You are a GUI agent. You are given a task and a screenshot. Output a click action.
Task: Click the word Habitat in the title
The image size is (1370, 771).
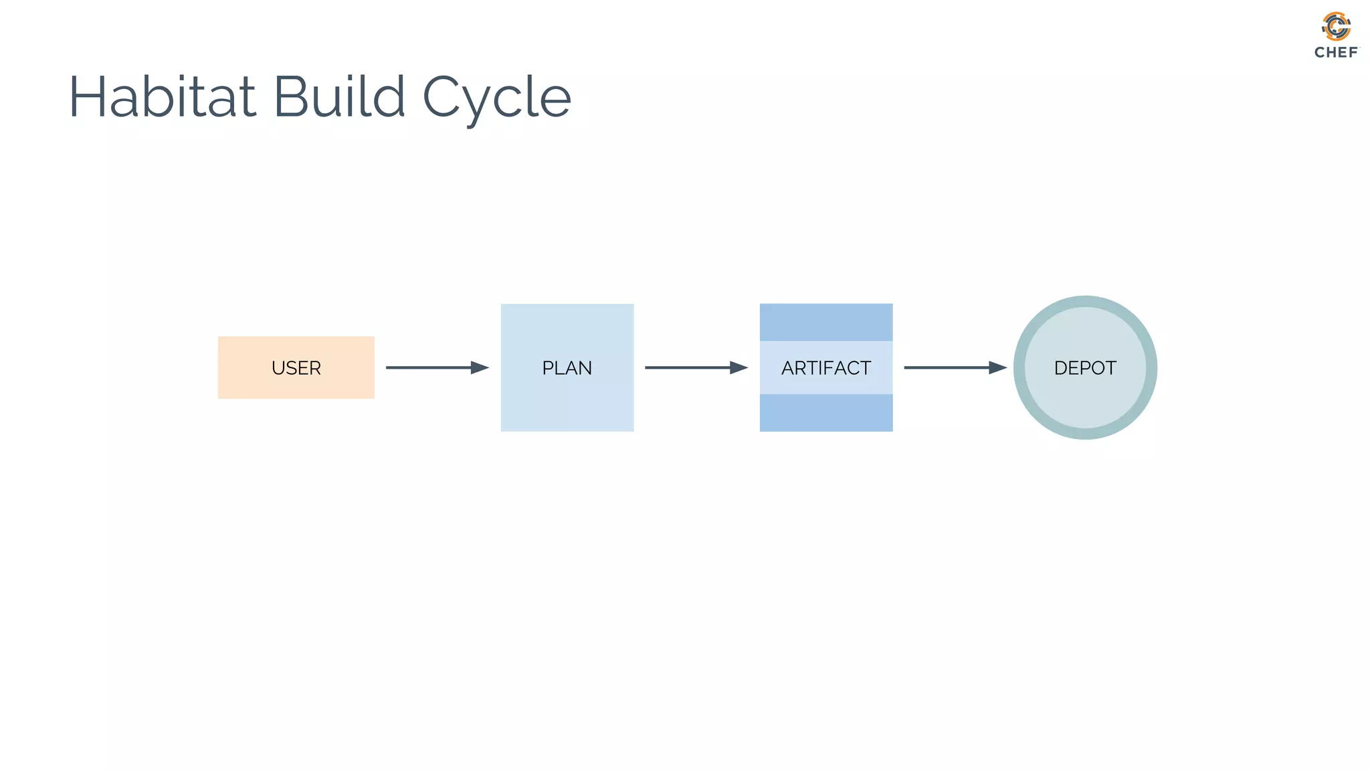pyautogui.click(x=163, y=97)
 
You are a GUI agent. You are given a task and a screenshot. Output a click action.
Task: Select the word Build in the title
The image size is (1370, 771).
pyautogui.click(x=339, y=97)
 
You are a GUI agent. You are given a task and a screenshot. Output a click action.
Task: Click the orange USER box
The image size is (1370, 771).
pyautogui.click(x=241, y=385)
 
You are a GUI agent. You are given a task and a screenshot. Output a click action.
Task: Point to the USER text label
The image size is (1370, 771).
pyautogui.click(x=296, y=368)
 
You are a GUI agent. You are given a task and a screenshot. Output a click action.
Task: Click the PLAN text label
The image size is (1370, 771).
pyautogui.click(x=567, y=368)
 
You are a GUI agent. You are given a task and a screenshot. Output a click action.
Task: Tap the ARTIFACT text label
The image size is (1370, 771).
pyautogui.click(x=825, y=368)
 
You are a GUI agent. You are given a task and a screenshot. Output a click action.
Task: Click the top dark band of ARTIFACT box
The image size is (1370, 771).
pyautogui.click(x=825, y=322)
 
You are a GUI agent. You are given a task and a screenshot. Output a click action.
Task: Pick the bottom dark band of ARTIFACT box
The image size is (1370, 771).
pyautogui.click(x=825, y=412)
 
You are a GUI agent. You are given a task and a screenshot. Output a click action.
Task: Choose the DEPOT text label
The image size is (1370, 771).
pyautogui.click(x=1084, y=368)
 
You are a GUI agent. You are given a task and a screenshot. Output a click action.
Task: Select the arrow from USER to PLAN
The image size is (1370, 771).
pyautogui.click(x=428, y=367)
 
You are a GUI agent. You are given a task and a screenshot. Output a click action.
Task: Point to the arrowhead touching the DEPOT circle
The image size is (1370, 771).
pyautogui.click(x=997, y=367)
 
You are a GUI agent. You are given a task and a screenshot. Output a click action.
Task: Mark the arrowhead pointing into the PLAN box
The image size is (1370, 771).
pyautogui.click(x=479, y=367)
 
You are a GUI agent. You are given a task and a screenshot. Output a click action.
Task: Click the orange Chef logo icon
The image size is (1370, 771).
pyautogui.click(x=1336, y=27)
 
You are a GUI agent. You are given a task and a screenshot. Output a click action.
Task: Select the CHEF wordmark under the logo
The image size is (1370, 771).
pyautogui.click(x=1336, y=52)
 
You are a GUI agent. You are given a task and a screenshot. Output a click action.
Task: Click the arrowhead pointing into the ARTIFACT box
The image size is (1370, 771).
pyautogui.click(x=738, y=367)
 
